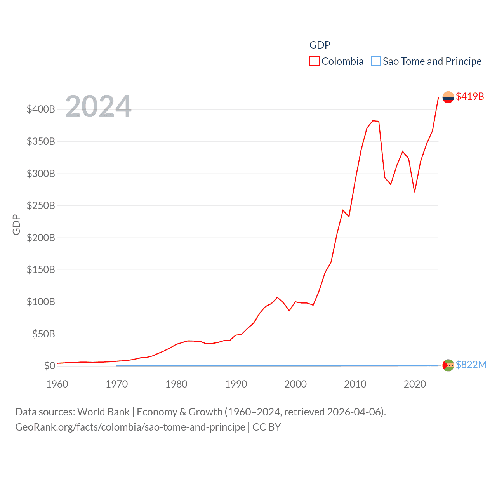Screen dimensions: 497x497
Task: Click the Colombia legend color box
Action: tap(314, 61)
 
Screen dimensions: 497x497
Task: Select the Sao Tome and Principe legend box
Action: tap(375, 61)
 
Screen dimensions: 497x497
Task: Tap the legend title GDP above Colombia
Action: tap(320, 45)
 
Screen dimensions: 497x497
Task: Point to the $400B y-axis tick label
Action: tap(41, 109)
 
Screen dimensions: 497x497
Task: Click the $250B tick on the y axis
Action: tap(41, 205)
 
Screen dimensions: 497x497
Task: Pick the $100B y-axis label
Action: tap(41, 302)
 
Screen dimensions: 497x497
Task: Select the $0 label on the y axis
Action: tap(50, 366)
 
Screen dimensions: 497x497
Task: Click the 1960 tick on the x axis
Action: tap(57, 384)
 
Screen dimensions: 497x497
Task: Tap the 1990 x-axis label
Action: tap(236, 384)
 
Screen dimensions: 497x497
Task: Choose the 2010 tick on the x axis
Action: tap(355, 384)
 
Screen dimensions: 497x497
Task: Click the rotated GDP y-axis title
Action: tap(16, 224)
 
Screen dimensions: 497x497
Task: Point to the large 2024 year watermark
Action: tap(98, 106)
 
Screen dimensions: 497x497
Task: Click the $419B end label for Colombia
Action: tap(470, 96)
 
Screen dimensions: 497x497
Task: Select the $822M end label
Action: tap(471, 365)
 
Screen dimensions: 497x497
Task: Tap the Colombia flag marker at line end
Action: tap(448, 97)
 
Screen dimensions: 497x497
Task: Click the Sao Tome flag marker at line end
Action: tap(448, 365)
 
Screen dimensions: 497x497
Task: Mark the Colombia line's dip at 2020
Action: tap(415, 192)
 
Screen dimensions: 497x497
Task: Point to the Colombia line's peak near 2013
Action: tap(373, 121)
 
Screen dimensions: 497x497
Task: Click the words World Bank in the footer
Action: tap(104, 412)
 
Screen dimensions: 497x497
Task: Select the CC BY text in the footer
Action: tap(266, 427)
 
